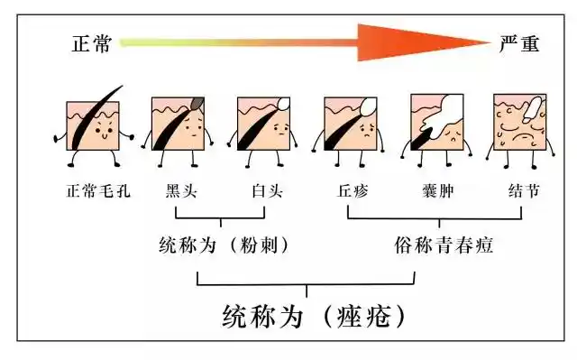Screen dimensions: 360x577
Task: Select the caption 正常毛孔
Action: [x=93, y=191]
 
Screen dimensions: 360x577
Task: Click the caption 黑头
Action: [x=179, y=191]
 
